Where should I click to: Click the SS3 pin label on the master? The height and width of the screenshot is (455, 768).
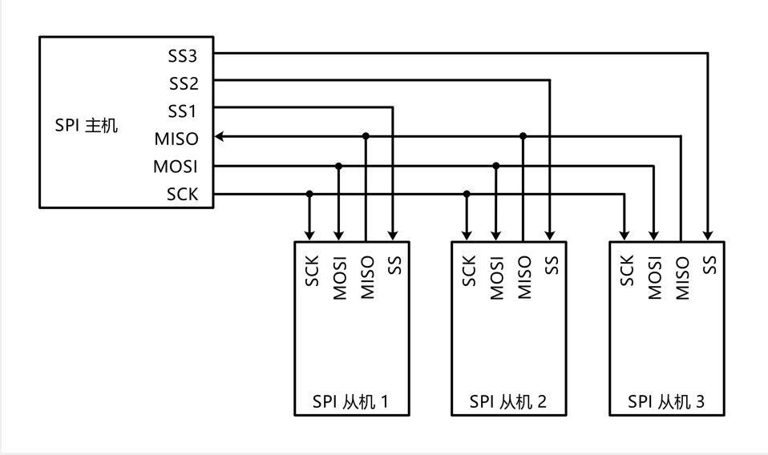[183, 57]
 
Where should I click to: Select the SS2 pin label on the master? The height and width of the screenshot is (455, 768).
[183, 84]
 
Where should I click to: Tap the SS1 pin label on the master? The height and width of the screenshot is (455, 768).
[183, 111]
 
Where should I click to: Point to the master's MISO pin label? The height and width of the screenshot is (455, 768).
[176, 139]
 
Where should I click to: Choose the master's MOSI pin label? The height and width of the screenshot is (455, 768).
[176, 167]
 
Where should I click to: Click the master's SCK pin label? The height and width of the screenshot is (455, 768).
[182, 194]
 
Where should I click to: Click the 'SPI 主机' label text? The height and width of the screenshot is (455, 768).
[86, 126]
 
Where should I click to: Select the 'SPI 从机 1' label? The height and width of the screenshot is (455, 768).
[351, 401]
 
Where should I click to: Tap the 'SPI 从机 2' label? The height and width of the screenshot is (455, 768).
[508, 401]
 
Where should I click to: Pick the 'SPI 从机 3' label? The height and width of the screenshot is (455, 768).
[666, 401]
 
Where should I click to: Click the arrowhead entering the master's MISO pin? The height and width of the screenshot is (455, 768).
[220, 137]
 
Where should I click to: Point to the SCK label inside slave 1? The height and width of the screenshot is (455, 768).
[311, 271]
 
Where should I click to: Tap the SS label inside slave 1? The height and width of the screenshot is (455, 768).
[393, 264]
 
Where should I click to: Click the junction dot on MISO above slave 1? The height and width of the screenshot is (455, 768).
[366, 136]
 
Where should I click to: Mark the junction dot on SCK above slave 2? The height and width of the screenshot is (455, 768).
[467, 193]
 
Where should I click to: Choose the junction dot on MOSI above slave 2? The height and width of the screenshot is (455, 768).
[495, 166]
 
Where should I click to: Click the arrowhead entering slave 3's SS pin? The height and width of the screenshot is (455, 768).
[708, 236]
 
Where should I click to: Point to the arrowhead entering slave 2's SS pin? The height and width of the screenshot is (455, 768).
[550, 236]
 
